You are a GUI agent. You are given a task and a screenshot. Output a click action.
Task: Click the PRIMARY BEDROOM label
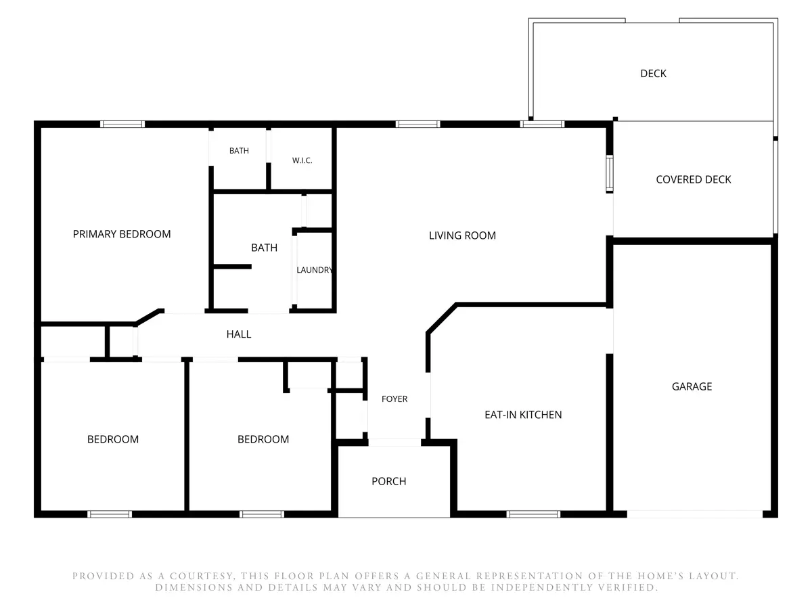[x=122, y=234]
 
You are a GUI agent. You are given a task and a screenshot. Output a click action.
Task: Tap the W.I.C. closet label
[x=302, y=160]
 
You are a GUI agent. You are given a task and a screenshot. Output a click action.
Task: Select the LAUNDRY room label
[x=315, y=270]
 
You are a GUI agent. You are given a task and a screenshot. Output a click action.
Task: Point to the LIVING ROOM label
[x=462, y=235]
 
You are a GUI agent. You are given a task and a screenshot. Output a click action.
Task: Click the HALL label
[x=239, y=334]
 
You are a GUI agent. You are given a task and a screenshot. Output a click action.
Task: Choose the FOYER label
[x=394, y=399]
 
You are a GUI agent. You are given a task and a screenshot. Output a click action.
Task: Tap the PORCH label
[x=389, y=481]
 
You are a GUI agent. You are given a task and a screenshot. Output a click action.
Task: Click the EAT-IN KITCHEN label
[x=522, y=415]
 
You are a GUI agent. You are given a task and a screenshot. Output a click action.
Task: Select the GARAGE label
[x=692, y=386]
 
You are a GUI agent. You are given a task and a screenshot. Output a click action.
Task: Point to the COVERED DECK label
[x=694, y=180]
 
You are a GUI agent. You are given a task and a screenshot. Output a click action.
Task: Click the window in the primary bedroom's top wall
[x=122, y=125]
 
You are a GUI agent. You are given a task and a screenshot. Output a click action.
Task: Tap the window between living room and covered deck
[x=609, y=174]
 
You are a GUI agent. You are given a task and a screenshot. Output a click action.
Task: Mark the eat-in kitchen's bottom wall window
[x=533, y=514]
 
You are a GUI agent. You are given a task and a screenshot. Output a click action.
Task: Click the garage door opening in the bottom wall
[x=694, y=514]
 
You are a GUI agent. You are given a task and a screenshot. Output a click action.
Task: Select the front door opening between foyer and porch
[x=394, y=443]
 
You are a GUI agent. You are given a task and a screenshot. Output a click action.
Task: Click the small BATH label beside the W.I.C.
[x=239, y=151]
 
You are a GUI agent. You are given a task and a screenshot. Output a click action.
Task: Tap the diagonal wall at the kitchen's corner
[x=442, y=318]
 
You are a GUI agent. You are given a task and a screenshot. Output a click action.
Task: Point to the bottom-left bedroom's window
[x=110, y=514]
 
